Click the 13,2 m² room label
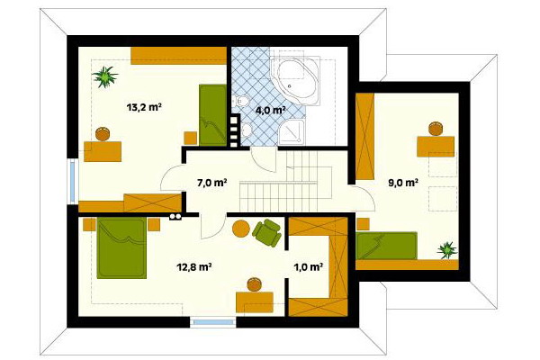[x=144, y=107]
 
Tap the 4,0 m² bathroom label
[x=270, y=110]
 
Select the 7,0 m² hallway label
[x=211, y=183]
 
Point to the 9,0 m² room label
[x=403, y=182]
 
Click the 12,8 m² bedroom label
[x=193, y=266]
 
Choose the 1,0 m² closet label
[x=308, y=267]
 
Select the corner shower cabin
[x=292, y=132]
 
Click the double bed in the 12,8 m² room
[x=121, y=247]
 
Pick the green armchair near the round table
[x=267, y=232]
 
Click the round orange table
[x=241, y=229]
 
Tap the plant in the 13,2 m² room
[x=104, y=76]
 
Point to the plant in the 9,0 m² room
[x=447, y=250]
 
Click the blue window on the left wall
[x=73, y=181]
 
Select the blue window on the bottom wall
[x=214, y=322]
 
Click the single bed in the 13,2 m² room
[x=212, y=115]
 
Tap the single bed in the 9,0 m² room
[x=386, y=246]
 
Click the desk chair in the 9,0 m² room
[x=436, y=129]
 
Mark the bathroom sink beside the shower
[x=247, y=130]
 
